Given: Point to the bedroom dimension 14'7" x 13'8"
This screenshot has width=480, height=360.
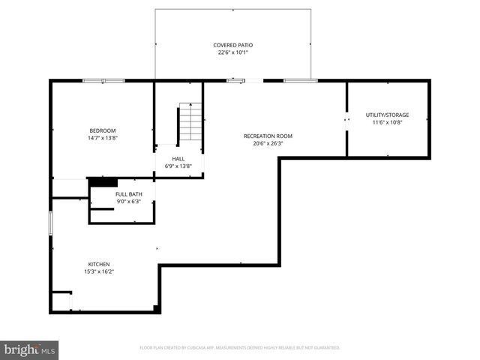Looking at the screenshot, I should [x=103, y=137].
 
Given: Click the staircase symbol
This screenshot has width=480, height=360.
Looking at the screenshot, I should [x=190, y=124].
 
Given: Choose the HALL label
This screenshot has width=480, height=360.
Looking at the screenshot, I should [x=178, y=158].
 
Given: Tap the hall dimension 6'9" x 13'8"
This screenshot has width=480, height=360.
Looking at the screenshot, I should [x=178, y=166].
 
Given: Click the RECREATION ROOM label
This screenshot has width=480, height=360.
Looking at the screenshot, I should [x=268, y=136].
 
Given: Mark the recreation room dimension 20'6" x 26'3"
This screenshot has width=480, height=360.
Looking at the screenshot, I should [x=268, y=143].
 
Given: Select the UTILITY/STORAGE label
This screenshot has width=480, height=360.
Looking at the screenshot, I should [x=387, y=115].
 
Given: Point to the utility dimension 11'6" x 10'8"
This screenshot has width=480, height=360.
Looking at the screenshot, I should [x=387, y=122].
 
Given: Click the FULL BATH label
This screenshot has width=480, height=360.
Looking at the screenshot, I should [x=125, y=194].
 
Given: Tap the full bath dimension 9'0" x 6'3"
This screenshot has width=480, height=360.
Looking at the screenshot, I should [x=125, y=202].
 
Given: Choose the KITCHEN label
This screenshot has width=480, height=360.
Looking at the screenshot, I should [x=99, y=264].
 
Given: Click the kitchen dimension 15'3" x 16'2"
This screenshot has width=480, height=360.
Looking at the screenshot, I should [x=99, y=271].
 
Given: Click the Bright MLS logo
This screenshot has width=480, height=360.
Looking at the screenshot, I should [x=30, y=349].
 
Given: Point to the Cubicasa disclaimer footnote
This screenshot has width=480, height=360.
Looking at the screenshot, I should [x=240, y=348].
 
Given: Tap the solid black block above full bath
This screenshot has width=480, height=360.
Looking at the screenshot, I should [x=103, y=181].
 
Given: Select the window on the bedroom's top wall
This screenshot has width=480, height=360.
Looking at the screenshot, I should [x=103, y=80].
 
